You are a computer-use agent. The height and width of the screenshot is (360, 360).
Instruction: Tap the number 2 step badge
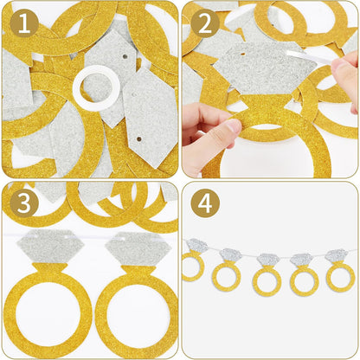[207, 23]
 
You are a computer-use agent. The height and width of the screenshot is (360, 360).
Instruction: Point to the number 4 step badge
[207, 203]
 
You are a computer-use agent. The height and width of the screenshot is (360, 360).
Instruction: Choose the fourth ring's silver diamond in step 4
[301, 260]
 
